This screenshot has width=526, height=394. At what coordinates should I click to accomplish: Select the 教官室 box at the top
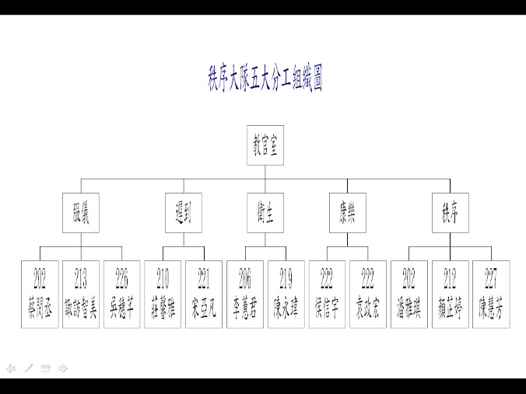coord(265,146)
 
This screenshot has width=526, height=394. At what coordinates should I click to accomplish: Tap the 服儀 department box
coord(81,213)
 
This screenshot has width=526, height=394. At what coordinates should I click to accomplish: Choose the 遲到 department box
coord(183,213)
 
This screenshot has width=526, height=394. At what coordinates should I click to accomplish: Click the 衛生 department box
coord(265,213)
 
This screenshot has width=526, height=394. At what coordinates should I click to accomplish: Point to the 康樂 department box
coord(347,213)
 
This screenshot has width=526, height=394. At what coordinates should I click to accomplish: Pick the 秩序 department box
coord(450,213)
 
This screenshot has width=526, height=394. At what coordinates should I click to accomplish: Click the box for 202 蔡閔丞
coord(40,294)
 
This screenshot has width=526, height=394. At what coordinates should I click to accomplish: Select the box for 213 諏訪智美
coord(81,294)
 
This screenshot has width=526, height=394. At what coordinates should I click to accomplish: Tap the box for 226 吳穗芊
coord(121,294)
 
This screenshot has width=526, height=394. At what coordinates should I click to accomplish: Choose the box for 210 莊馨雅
coord(163,294)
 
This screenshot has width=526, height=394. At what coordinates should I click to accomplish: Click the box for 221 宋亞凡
coord(204,294)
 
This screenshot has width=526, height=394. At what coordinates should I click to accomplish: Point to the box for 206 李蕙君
coord(244,294)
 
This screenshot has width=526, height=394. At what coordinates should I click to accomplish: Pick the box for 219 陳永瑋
coord(286,294)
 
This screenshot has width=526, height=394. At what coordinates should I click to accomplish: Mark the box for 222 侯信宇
coord(327,294)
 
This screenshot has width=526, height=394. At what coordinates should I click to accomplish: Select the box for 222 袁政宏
coord(367,294)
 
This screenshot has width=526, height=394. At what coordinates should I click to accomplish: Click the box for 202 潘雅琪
coord(409,294)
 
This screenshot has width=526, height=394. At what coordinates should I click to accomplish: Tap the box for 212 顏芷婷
coord(450,294)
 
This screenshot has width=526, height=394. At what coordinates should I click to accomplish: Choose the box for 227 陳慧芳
coord(490,294)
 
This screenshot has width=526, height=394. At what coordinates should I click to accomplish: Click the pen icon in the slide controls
coord(28,368)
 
